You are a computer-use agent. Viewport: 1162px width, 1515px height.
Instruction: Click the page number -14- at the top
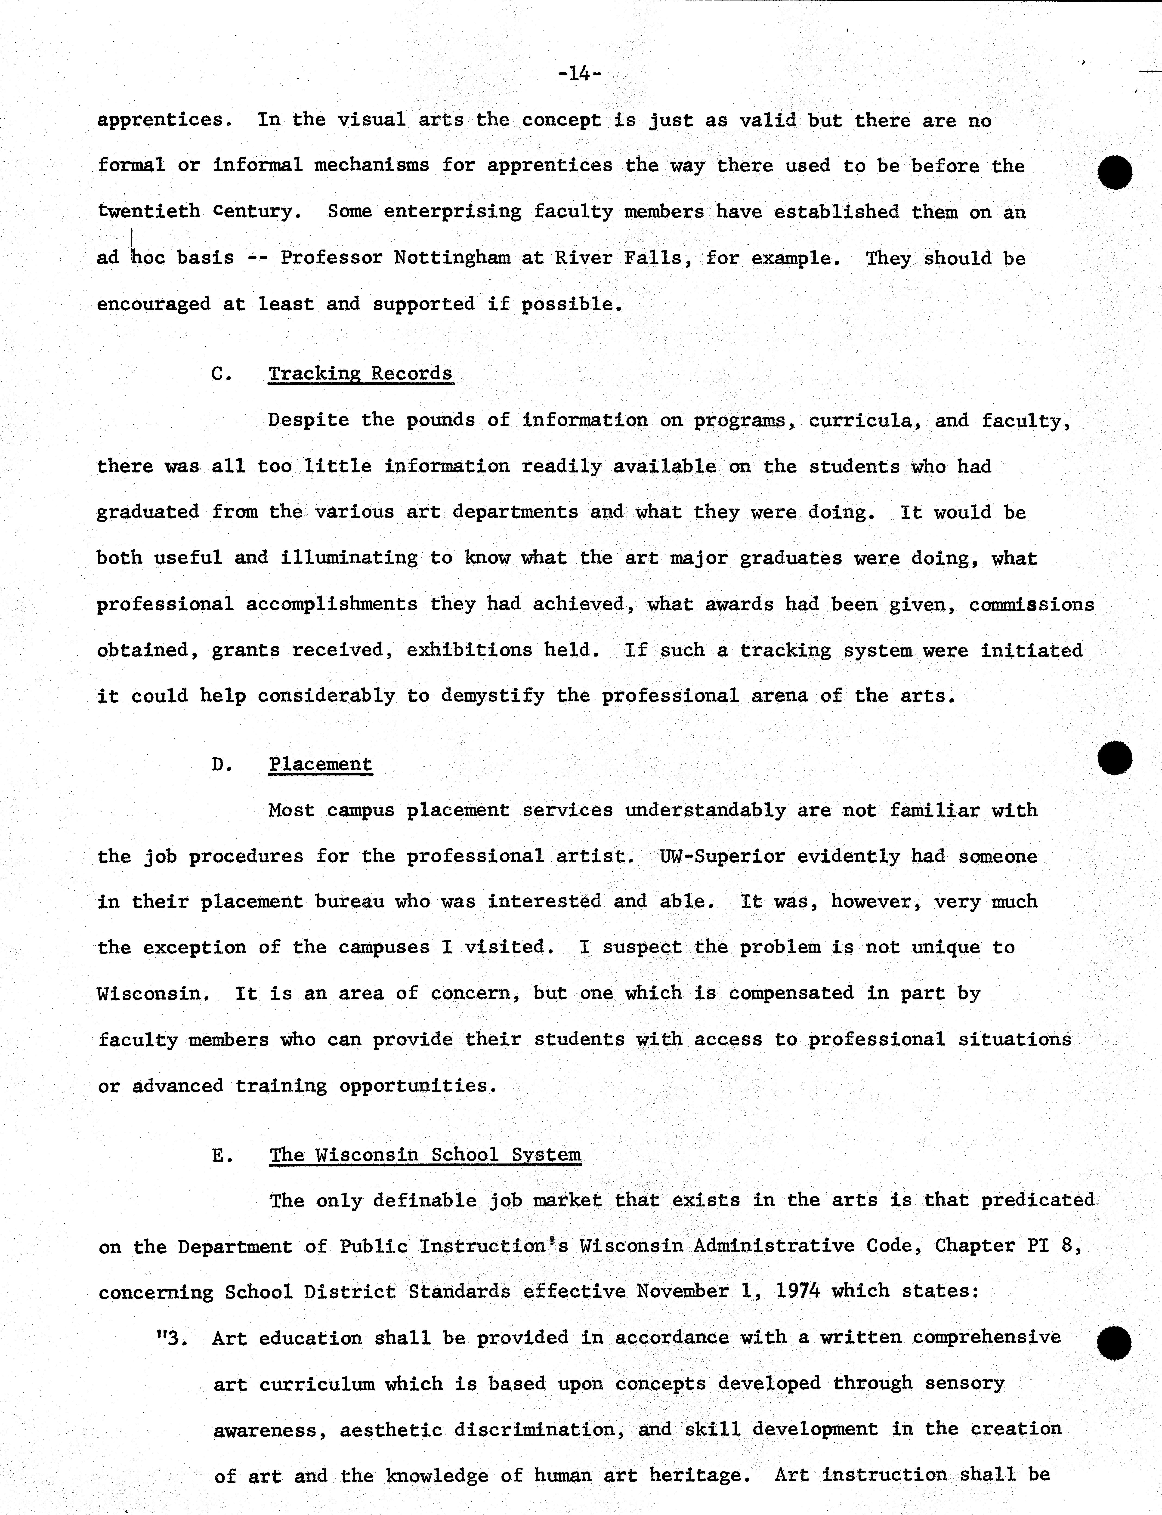click(580, 73)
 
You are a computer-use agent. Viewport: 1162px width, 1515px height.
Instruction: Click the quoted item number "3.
click(173, 1338)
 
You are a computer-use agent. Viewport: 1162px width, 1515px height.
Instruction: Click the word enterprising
click(452, 212)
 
